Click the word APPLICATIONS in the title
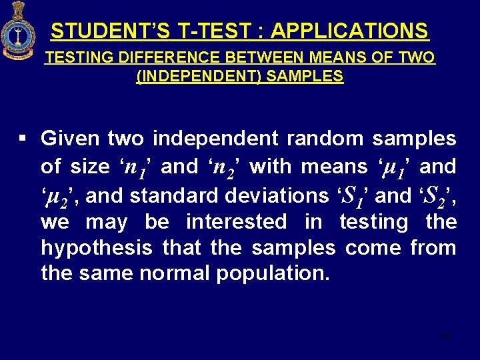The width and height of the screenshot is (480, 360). pos(349,31)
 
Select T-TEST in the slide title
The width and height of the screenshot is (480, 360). pos(215,31)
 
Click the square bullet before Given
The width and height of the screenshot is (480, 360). pos(23,139)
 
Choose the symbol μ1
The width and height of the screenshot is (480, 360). pos(391,167)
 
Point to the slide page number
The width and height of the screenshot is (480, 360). pos(446,335)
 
